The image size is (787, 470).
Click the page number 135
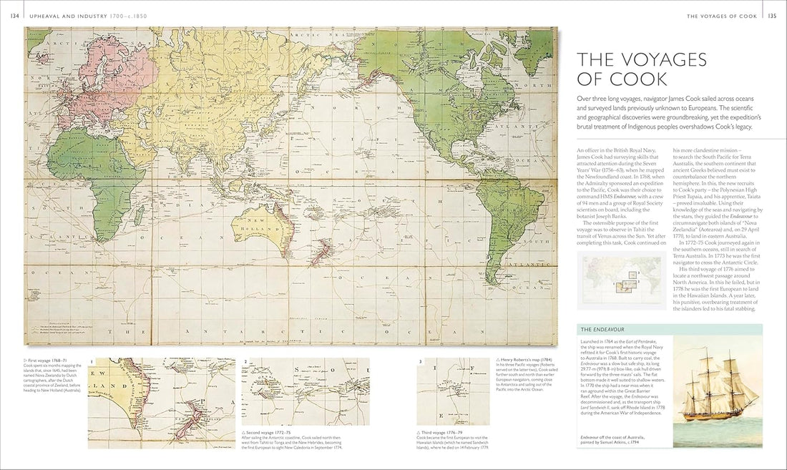[x=772, y=16]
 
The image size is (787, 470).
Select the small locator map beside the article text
[x=615, y=277]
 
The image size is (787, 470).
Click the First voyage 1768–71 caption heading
[x=47, y=361]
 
